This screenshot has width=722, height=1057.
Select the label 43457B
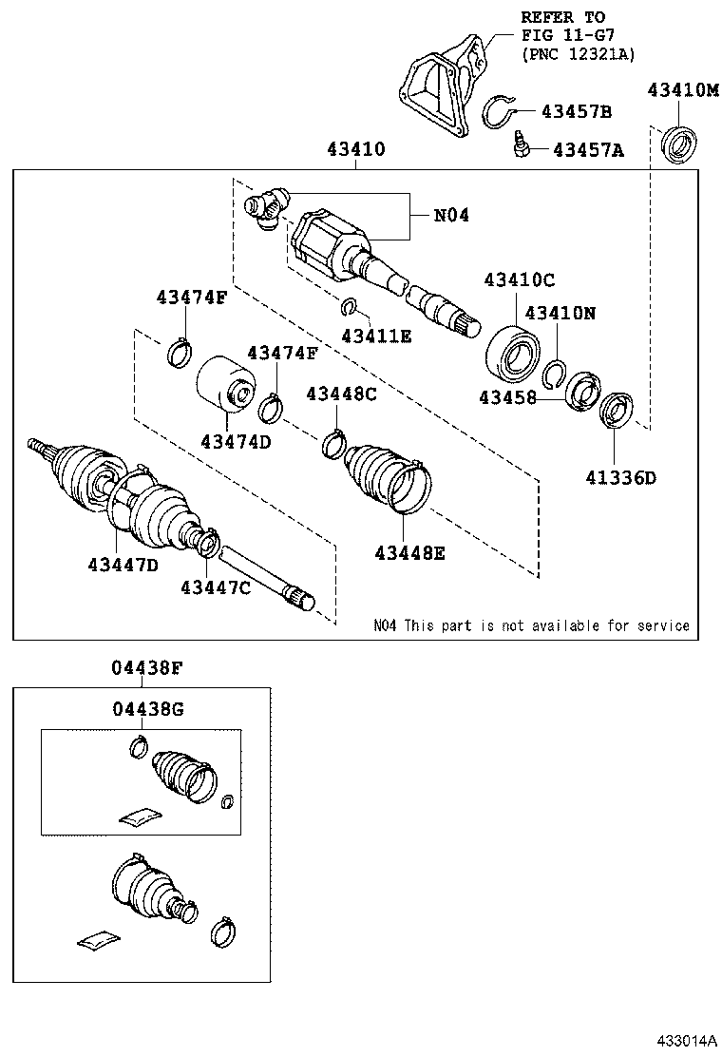[576, 112]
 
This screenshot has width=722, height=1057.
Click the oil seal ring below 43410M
[679, 143]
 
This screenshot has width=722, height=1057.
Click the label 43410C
[519, 280]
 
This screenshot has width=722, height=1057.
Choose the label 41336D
[620, 477]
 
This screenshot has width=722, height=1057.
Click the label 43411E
[376, 335]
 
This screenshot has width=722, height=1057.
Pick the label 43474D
[236, 442]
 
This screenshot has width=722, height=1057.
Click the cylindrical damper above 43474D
[224, 386]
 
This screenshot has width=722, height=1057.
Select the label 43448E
[408, 552]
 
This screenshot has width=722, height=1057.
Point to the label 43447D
[123, 565]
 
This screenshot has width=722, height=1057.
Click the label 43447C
[216, 587]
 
